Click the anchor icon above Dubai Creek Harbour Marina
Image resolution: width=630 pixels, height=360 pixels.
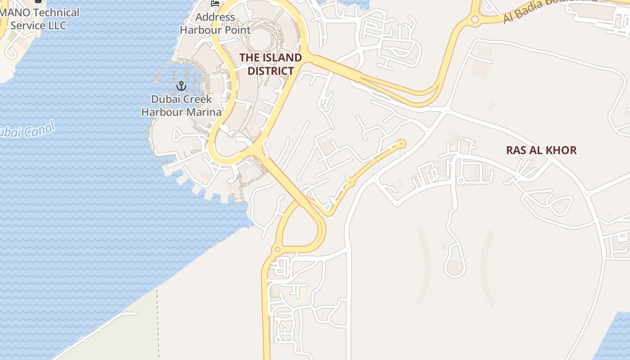click(x=181, y=85)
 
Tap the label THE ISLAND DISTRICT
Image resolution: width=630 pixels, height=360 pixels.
click(x=270, y=64)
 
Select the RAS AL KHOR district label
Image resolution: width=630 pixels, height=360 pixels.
click(x=541, y=150)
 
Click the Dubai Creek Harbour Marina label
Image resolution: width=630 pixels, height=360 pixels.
click(x=181, y=106)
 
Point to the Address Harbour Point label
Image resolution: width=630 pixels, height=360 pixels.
click(x=215, y=24)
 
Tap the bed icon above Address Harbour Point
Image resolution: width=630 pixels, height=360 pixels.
click(x=215, y=4)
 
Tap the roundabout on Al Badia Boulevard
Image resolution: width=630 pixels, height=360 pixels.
click(x=475, y=20)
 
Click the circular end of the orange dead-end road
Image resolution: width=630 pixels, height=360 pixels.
click(x=401, y=144)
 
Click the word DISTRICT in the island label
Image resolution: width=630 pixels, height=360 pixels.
click(x=270, y=71)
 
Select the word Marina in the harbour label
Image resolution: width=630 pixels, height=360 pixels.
click(x=205, y=112)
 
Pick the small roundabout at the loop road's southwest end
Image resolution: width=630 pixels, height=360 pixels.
click(x=278, y=249)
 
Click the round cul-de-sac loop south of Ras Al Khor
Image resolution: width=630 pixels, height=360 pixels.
click(x=455, y=267)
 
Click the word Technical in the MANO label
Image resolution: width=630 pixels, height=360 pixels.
click(x=56, y=13)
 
